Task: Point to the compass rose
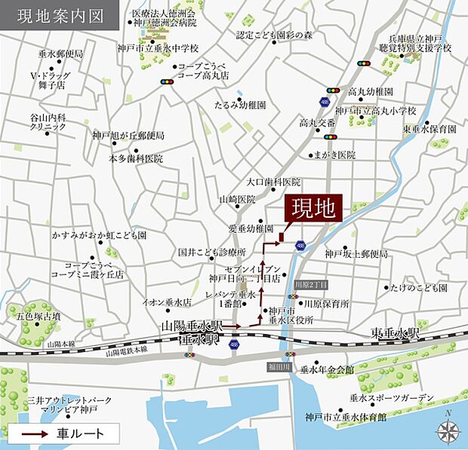point(448,427)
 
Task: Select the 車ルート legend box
point(63,433)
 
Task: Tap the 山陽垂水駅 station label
point(192,326)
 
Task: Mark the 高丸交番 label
point(316,122)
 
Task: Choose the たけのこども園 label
point(420,287)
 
